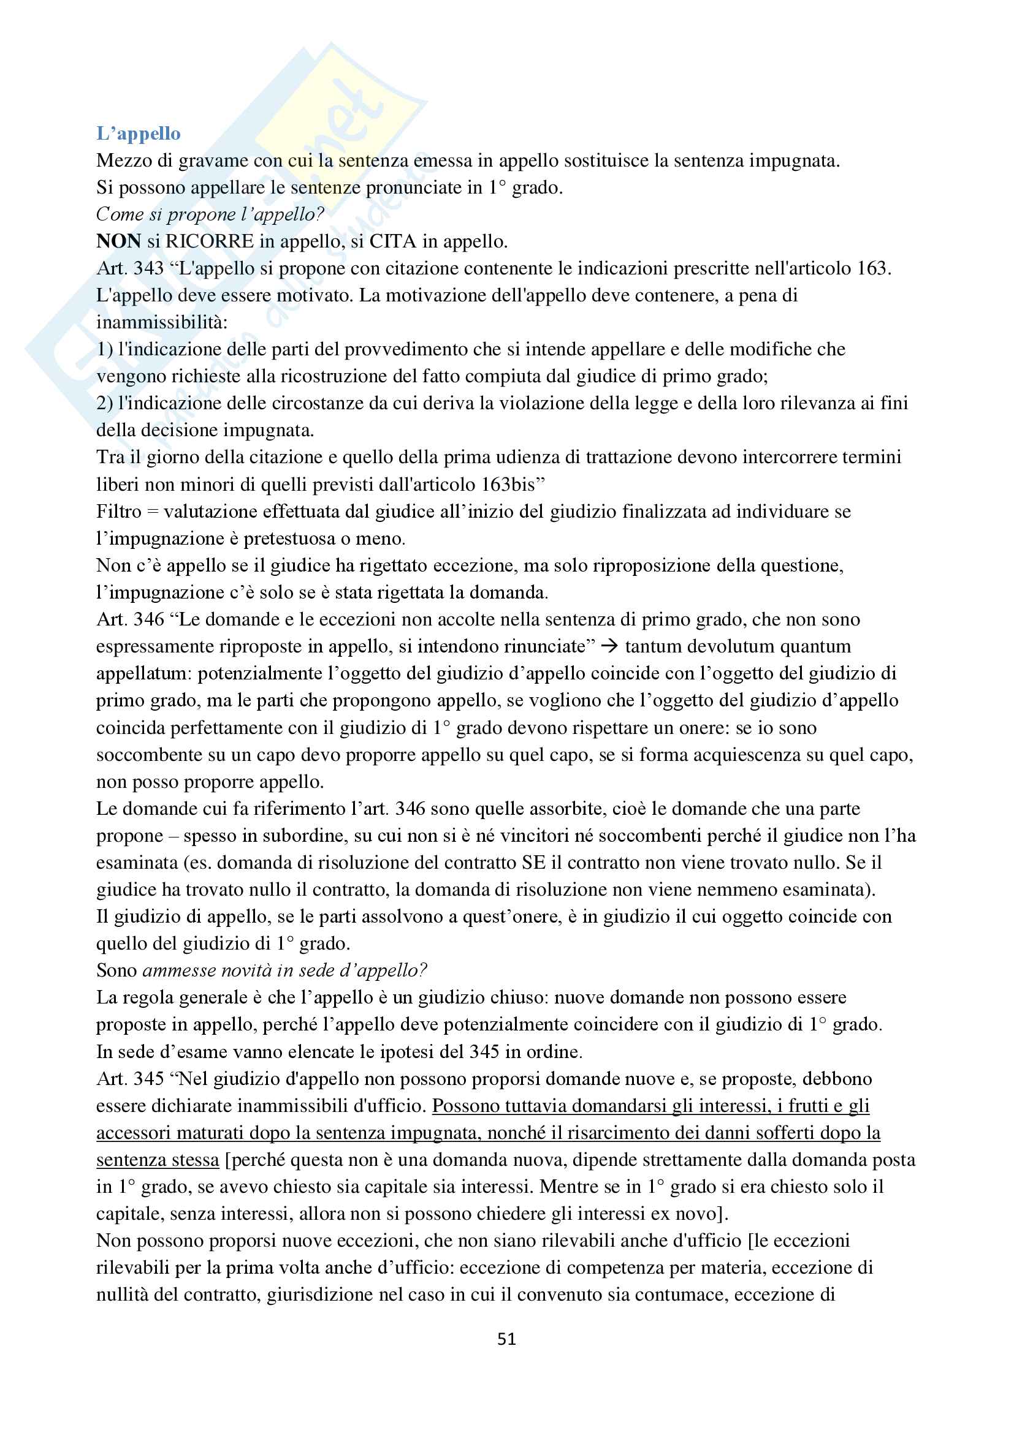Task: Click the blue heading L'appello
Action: click(x=138, y=133)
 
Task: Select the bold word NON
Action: click(x=119, y=241)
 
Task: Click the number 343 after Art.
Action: click(x=148, y=268)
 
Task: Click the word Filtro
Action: click(x=119, y=511)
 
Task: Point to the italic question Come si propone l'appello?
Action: click(x=210, y=214)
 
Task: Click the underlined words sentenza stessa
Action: click(x=158, y=1160)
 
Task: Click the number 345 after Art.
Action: click(x=148, y=1078)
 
